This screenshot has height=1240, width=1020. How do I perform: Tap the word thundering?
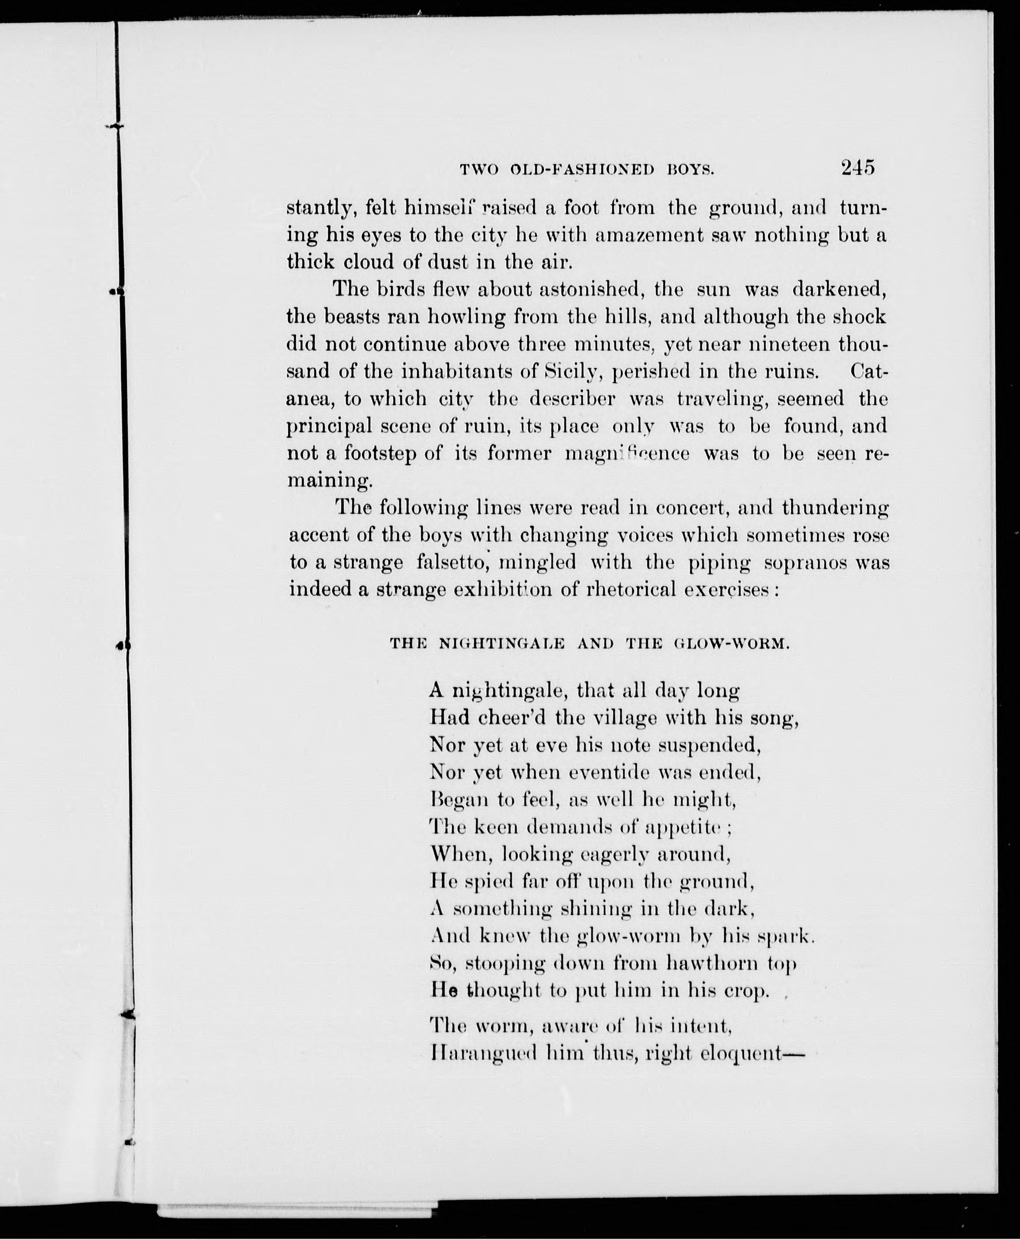click(835, 507)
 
